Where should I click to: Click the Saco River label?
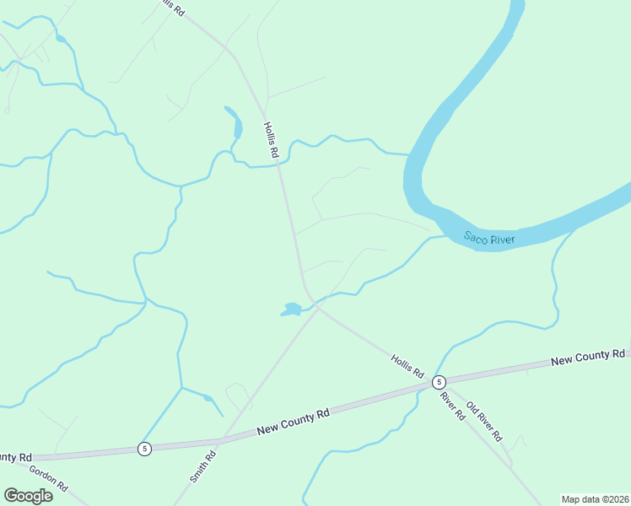(489, 240)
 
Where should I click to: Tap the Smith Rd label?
(202, 466)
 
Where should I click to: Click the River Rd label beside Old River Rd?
(452, 405)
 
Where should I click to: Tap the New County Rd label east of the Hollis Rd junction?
(588, 358)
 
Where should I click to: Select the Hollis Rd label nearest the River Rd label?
(407, 365)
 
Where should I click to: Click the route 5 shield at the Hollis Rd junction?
(439, 382)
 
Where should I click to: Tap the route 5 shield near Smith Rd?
(145, 449)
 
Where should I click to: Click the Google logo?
(29, 495)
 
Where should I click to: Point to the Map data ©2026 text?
(595, 499)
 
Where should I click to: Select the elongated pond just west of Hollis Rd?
(234, 121)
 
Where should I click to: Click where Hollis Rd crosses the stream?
(279, 164)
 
